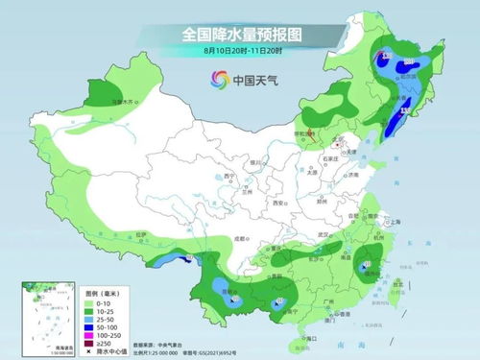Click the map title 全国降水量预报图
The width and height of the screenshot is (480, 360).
(x=240, y=34)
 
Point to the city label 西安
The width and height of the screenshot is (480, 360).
(x=279, y=204)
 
